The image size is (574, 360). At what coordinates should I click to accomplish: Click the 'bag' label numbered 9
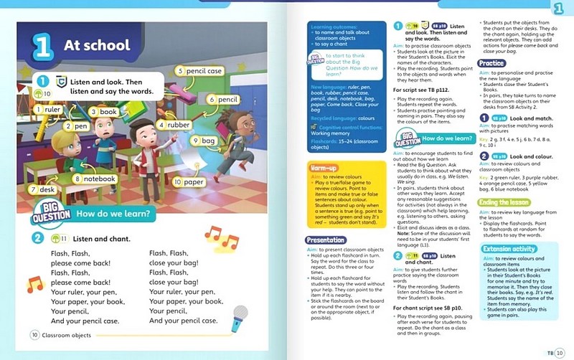point(207,141)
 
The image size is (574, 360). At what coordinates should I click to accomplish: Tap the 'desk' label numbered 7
point(42,189)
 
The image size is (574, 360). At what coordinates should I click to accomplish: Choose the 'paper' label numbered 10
point(190,182)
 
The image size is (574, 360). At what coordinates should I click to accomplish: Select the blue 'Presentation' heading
point(325,240)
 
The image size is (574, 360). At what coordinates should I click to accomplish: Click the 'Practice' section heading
point(491,63)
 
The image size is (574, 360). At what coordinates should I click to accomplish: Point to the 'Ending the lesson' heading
point(504,203)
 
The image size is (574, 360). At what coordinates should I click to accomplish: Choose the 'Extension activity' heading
point(508,249)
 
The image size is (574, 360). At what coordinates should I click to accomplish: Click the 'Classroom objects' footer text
point(66,335)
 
